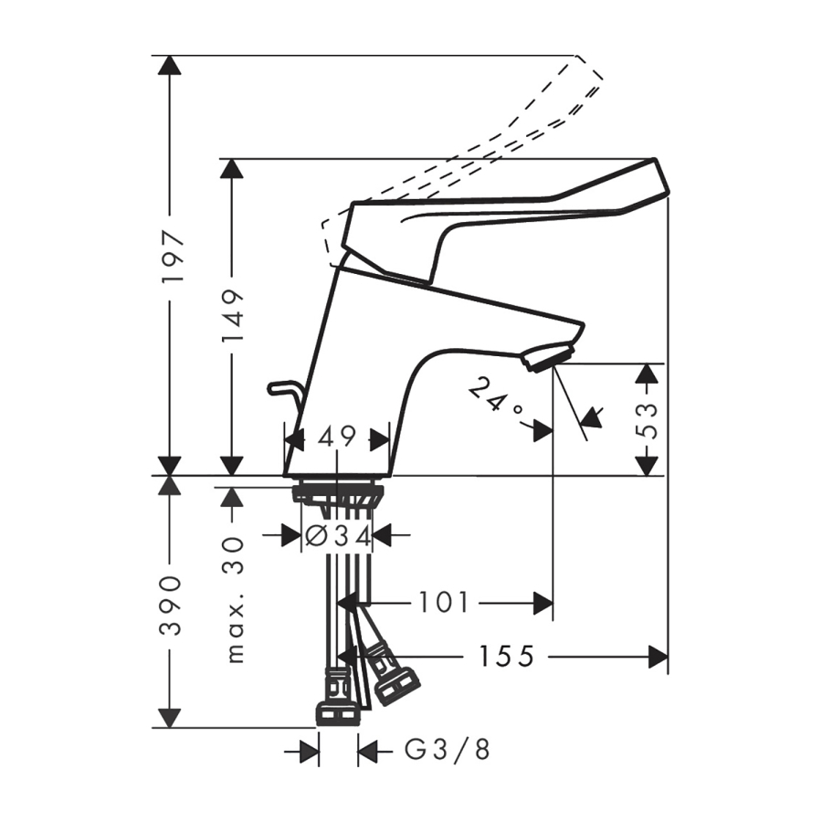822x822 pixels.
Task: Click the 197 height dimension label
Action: pyautogui.click(x=172, y=255)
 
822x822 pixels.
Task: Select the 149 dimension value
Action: pyautogui.click(x=233, y=314)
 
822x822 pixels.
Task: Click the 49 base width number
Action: pyautogui.click(x=336, y=437)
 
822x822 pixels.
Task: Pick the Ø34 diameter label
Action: pyautogui.click(x=338, y=535)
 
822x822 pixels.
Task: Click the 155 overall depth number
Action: pyautogui.click(x=506, y=656)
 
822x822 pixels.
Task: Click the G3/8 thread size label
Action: pyautogui.click(x=448, y=750)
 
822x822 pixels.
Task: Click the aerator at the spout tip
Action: pyautogui.click(x=547, y=356)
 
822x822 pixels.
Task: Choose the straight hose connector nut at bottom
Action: pyautogui.click(x=339, y=713)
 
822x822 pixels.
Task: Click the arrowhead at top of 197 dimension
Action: pyautogui.click(x=169, y=65)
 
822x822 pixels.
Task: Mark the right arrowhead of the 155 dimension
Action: pyautogui.click(x=659, y=657)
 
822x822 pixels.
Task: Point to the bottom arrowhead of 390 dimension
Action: pyautogui.click(x=169, y=717)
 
